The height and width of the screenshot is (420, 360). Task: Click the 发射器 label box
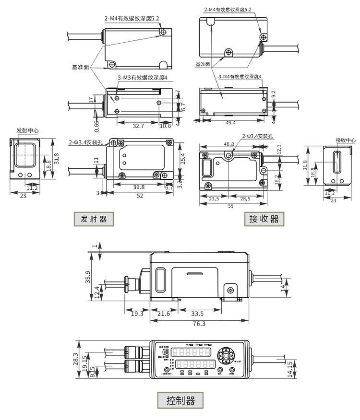[94, 219]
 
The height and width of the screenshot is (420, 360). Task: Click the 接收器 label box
[264, 219]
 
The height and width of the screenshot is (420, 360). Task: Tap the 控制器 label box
[180, 400]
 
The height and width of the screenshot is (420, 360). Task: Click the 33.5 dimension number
[197, 314]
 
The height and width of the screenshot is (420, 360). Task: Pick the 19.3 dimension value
[137, 314]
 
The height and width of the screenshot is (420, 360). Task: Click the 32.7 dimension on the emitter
[138, 126]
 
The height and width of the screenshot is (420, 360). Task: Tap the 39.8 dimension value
[138, 187]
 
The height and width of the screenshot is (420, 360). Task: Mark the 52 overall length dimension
[139, 196]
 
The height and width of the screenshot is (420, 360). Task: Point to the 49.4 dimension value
[230, 123]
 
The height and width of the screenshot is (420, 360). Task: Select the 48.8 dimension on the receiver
[229, 144]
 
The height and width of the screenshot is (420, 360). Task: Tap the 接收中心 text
[346, 140]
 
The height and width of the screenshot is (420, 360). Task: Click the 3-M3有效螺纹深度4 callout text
[142, 78]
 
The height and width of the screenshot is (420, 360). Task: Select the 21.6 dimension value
[164, 314]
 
